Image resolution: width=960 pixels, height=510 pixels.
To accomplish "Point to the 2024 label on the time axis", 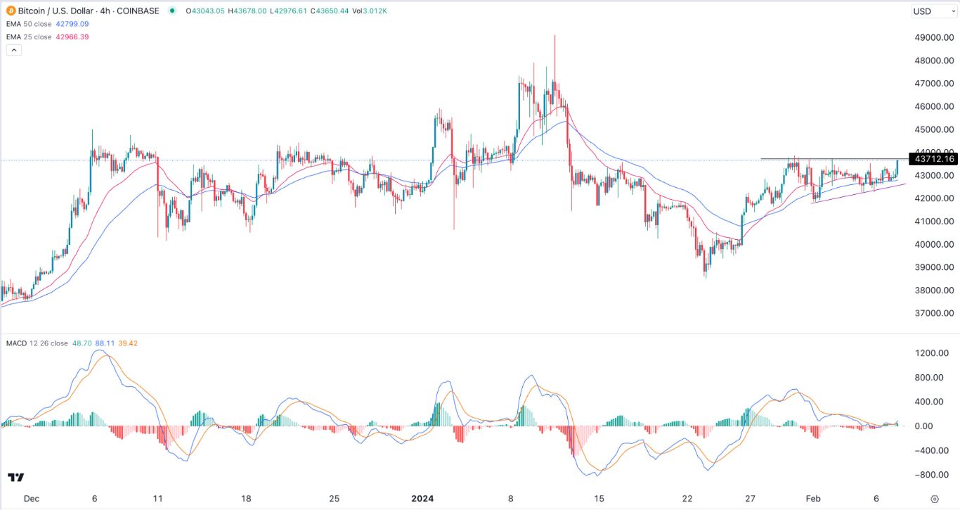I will coord(423,498).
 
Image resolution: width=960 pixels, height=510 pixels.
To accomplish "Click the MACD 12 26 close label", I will coord(37,343).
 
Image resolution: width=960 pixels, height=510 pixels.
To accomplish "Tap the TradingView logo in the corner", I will coord(16,478).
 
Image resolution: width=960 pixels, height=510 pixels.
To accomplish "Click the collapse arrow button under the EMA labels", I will coord(13,50).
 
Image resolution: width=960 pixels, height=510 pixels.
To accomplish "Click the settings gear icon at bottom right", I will coord(934,498).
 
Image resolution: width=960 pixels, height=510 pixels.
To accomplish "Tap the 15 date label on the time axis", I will coord(599,498).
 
